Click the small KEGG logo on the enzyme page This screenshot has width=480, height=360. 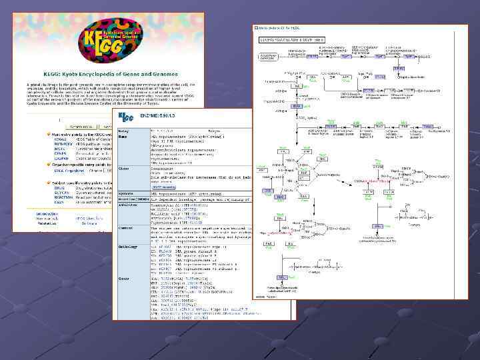coord(127,117)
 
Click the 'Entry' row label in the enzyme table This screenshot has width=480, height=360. coord(125,131)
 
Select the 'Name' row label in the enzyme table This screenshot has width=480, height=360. coord(124,136)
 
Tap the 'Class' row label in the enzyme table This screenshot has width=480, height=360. coord(125,168)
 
